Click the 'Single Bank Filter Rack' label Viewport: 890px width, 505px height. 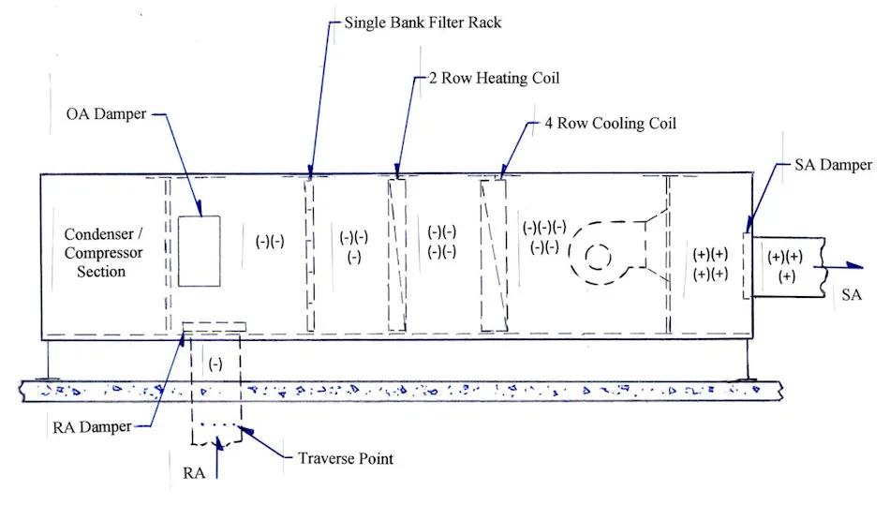coord(422,22)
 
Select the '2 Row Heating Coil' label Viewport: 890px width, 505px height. coord(495,78)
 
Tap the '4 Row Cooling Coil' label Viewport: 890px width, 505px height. coord(610,123)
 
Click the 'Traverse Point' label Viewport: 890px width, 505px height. coord(344,458)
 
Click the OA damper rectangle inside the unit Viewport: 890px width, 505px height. coord(200,251)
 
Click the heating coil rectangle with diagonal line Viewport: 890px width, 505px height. coord(397,255)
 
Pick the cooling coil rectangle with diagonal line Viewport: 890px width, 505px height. coord(493,255)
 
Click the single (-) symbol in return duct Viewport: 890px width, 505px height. coord(215,363)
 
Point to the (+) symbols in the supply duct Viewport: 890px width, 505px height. coord(784,265)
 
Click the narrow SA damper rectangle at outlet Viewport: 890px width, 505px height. coord(747,260)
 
